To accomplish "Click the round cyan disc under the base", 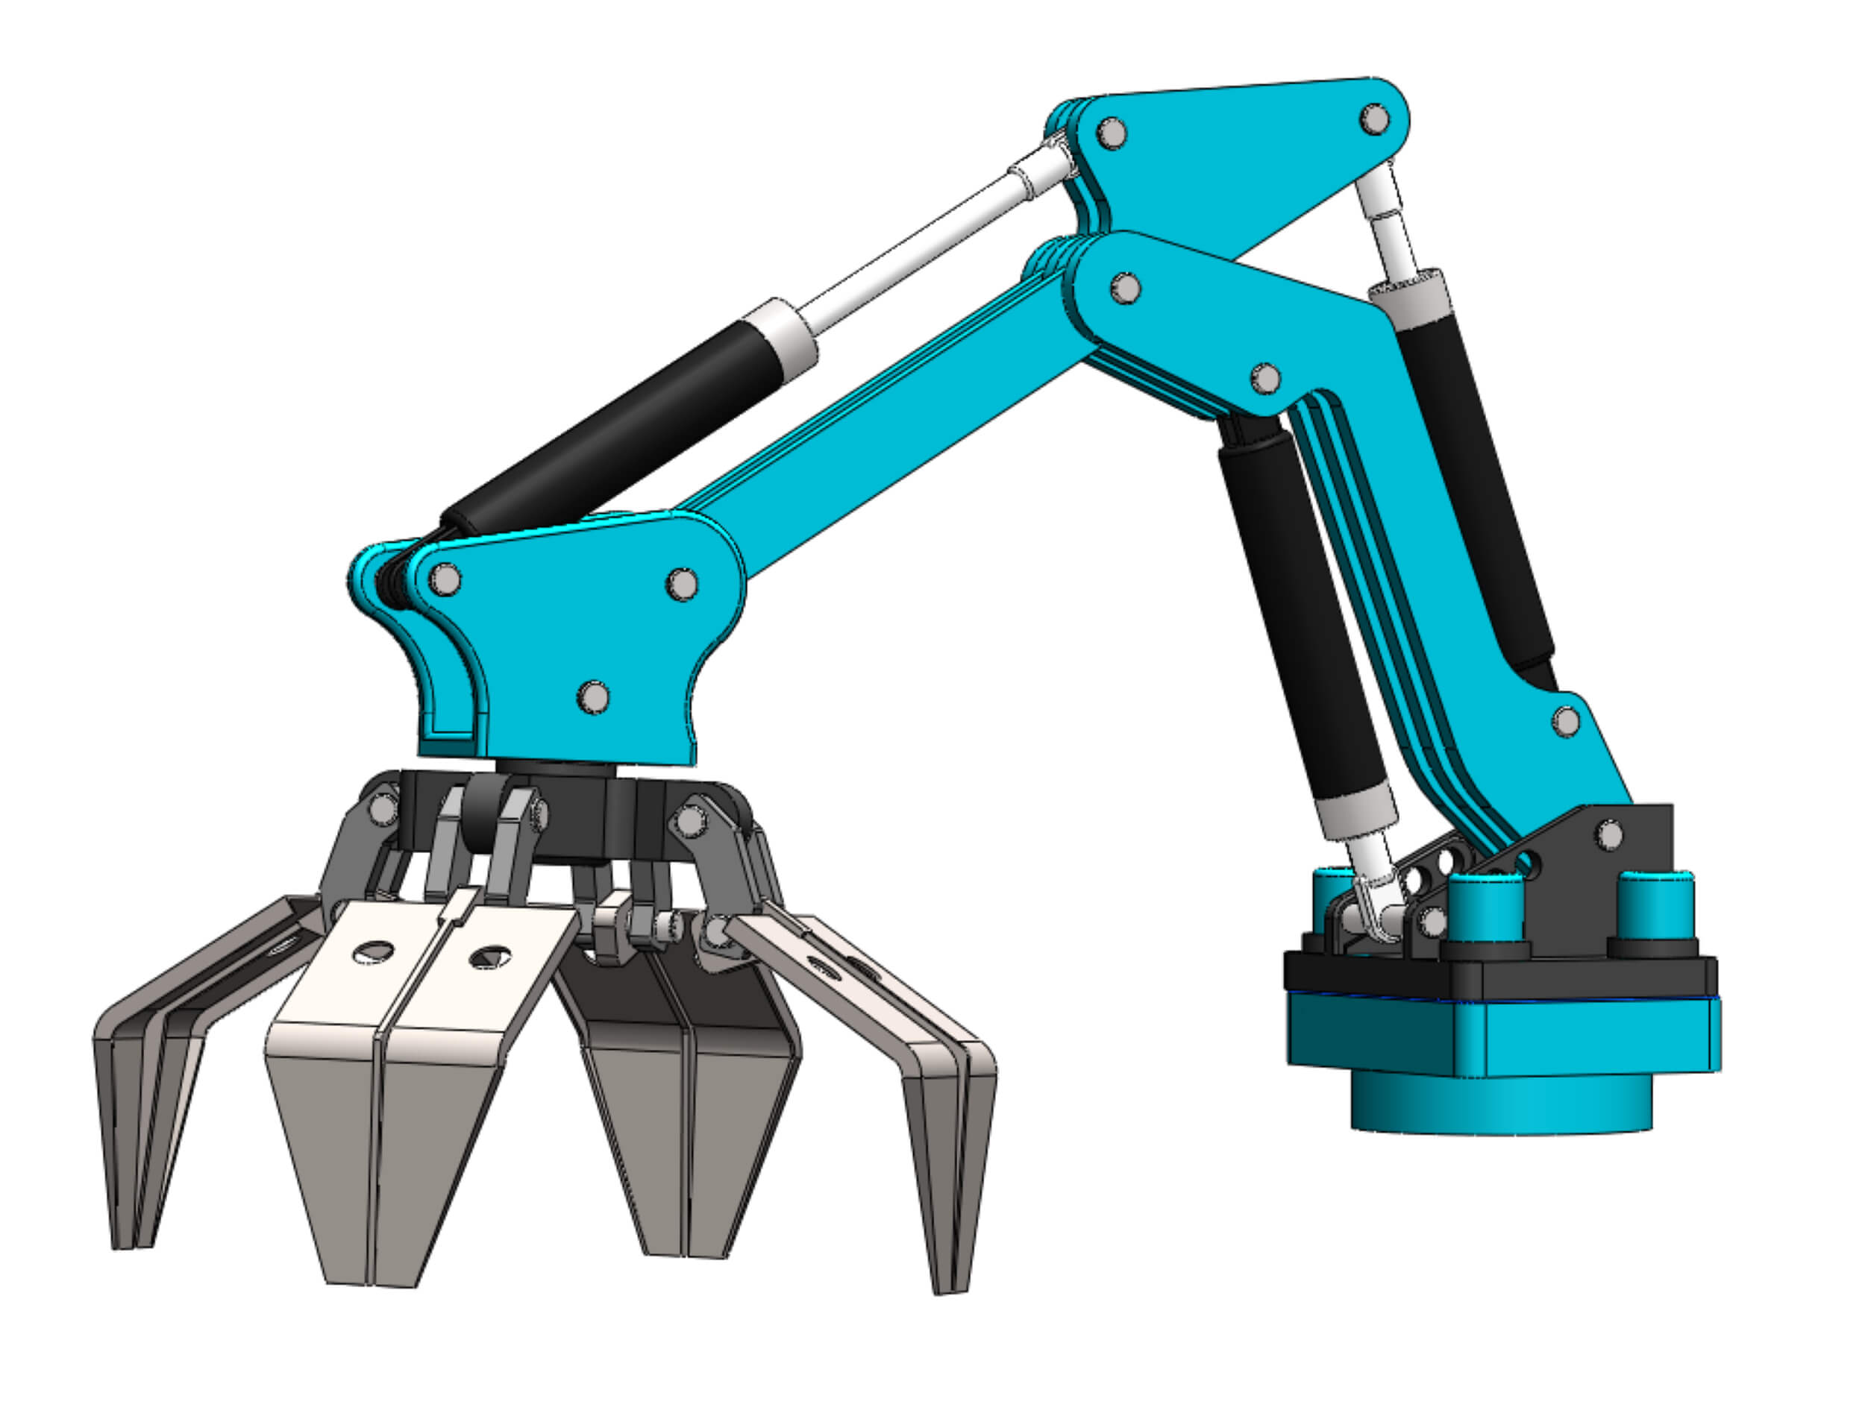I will coord(1502,1104).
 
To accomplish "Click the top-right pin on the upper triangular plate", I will coord(1375,118).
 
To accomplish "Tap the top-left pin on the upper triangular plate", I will coord(1112,133).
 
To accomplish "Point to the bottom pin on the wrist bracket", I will coord(594,697).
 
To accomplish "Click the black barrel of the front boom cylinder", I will coord(1303,607).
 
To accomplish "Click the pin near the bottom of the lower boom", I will coord(1567,722).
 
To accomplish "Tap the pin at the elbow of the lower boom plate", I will coord(1264,379).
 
